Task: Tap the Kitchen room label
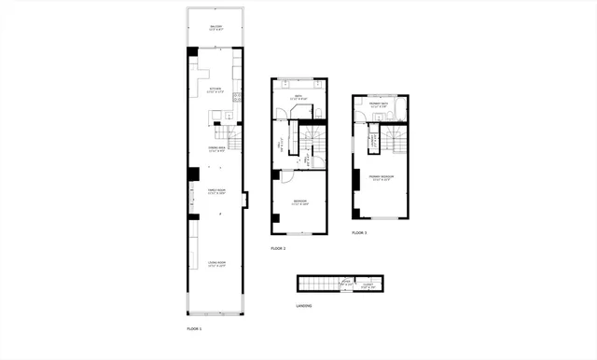click(x=215, y=90)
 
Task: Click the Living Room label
click(x=215, y=265)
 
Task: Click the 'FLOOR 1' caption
click(x=194, y=329)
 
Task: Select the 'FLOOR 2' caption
click(x=278, y=248)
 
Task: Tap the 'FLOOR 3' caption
click(x=359, y=232)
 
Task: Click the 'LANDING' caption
click(x=304, y=305)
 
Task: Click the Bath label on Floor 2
click(x=298, y=98)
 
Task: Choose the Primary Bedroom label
click(x=381, y=176)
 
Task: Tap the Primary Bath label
click(x=379, y=105)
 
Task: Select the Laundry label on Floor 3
click(x=372, y=143)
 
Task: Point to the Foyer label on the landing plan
click(x=345, y=282)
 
